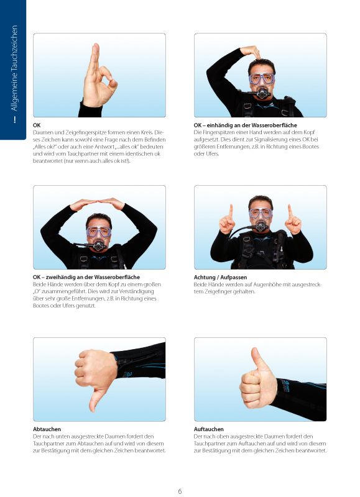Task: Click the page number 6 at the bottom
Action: coord(180,491)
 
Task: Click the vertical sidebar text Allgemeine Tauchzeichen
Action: coord(14,68)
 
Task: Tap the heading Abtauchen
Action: coord(47,429)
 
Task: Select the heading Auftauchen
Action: coord(209,429)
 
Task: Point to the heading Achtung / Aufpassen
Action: coord(220,277)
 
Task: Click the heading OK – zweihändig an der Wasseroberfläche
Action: coord(86,277)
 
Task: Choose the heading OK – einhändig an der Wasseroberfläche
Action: coord(245,125)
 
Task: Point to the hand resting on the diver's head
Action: coord(251,52)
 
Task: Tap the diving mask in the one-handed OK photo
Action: coord(262,79)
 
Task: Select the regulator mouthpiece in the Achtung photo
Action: coord(261,226)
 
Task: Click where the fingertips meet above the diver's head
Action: coord(98,201)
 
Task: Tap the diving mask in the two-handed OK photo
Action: coord(99,231)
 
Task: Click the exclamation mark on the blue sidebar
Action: coord(14,120)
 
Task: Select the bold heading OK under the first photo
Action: coord(37,125)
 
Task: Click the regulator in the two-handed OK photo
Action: coord(98,246)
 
